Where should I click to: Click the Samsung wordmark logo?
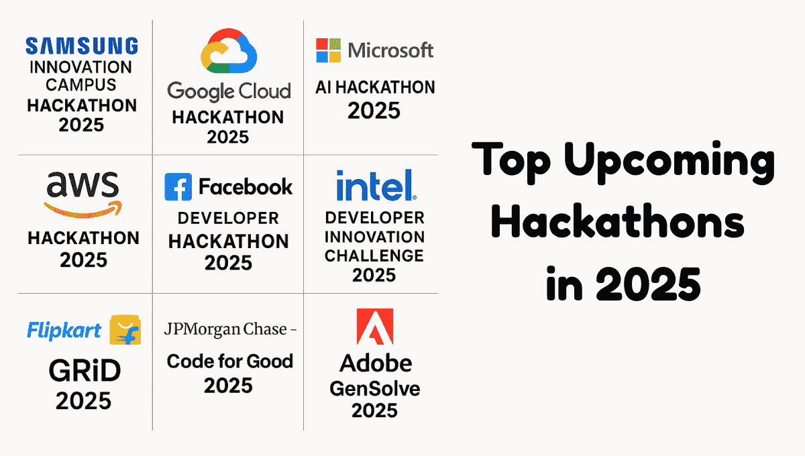pos(82,46)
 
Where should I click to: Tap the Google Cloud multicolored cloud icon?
pos(229,51)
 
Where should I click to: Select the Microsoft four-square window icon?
pos(329,50)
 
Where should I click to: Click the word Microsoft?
pos(390,50)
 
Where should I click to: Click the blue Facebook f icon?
pos(178,187)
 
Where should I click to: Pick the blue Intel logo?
pos(376,185)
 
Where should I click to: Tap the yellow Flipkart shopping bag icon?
pos(125,330)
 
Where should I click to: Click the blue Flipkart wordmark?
pos(64,331)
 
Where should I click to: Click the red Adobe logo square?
pos(375,327)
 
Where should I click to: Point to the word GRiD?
pos(85,371)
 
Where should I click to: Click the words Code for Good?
pos(230,361)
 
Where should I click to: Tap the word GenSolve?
pos(375,389)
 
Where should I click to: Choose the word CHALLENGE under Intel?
pos(374,256)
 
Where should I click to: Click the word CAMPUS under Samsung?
pos(81,85)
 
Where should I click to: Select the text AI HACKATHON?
pos(375,87)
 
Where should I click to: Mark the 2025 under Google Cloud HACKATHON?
pos(228,137)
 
